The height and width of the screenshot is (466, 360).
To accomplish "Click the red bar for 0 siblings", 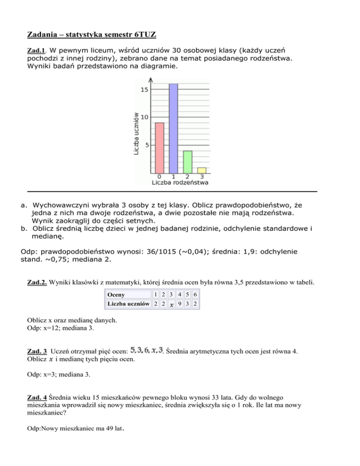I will click(159, 148).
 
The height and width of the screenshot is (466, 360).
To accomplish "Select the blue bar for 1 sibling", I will click(173, 128).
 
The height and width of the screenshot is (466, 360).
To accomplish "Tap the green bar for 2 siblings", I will click(187, 162).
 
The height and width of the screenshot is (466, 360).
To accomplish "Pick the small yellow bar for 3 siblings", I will click(202, 170).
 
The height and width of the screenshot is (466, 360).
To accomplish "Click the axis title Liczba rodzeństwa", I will click(180, 182).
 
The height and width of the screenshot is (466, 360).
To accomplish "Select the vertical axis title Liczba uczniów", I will click(136, 133).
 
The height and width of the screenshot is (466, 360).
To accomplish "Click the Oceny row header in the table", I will click(116, 295).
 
